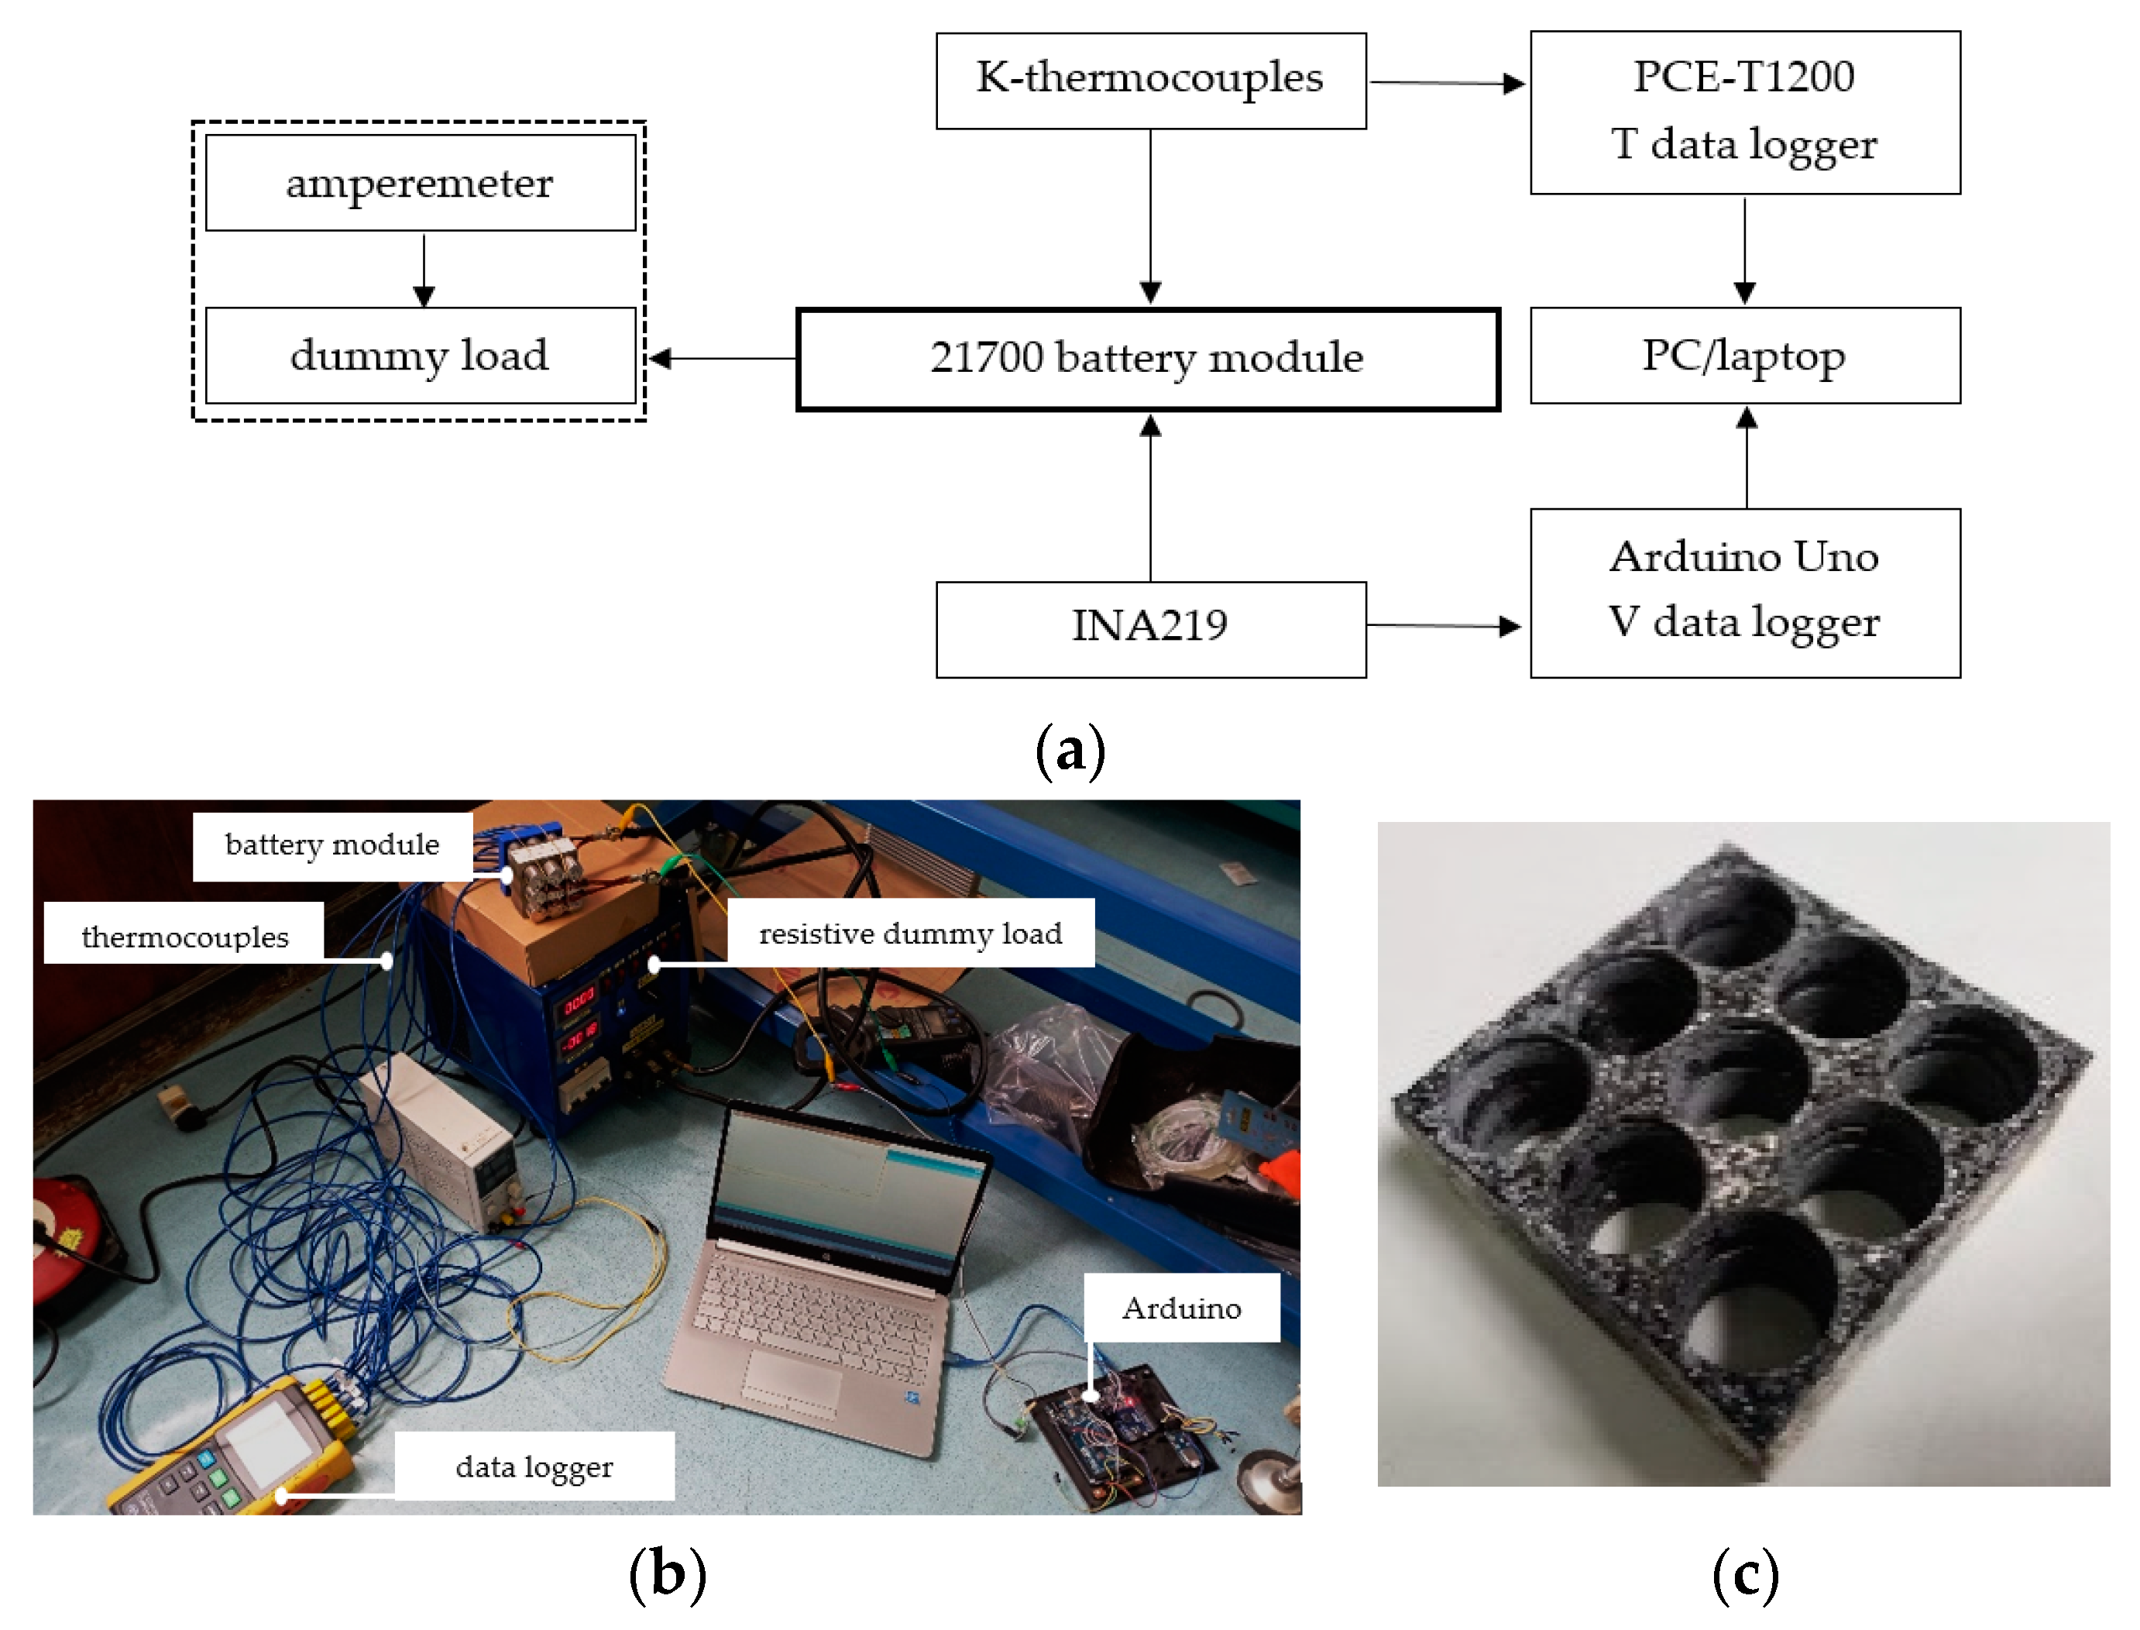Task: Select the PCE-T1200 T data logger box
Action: click(1744, 112)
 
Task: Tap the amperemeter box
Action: click(420, 182)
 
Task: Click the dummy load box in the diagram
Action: click(420, 355)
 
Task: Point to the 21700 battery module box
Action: click(1148, 359)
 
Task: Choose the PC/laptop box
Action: click(1744, 355)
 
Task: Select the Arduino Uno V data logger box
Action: click(1744, 592)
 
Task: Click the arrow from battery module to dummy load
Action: click(722, 359)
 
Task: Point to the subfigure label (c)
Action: click(1744, 1576)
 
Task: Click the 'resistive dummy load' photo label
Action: click(910, 934)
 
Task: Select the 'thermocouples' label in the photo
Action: click(184, 937)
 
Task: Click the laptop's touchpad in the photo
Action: click(792, 1381)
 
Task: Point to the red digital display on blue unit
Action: click(579, 1000)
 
